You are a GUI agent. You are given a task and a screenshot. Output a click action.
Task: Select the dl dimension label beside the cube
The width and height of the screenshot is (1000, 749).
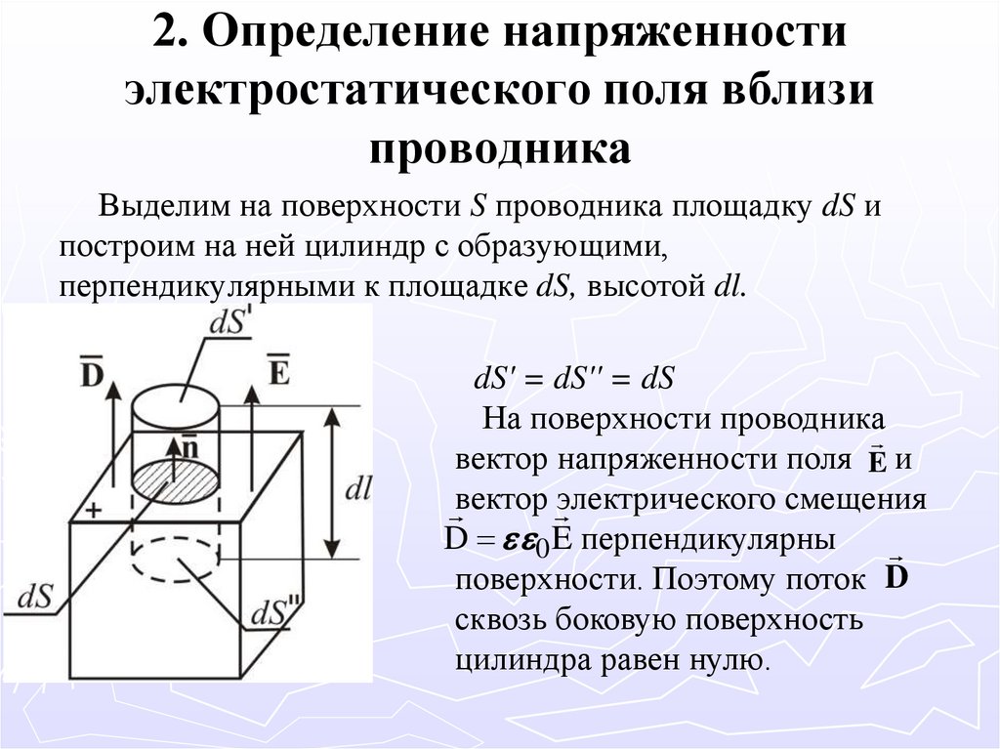coord(359,488)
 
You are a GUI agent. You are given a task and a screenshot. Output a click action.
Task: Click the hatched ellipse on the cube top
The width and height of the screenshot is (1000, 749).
coord(176,481)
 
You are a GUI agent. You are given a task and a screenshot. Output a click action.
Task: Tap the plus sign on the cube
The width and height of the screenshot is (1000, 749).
coord(94,510)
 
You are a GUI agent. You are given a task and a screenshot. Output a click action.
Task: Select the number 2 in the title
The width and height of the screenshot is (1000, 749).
coord(165,36)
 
